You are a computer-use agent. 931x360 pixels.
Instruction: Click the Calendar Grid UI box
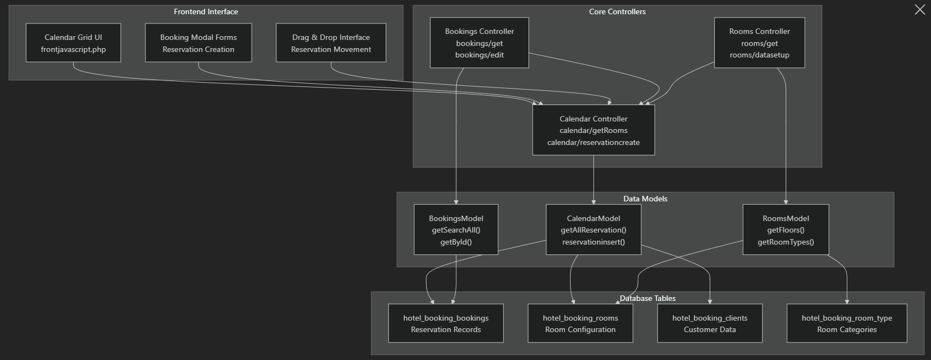73,43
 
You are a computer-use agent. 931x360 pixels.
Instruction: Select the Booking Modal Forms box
198,43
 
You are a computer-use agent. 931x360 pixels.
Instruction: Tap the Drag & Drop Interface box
331,43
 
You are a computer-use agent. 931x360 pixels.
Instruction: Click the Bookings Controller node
479,43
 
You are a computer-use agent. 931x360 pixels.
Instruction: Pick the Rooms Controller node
759,43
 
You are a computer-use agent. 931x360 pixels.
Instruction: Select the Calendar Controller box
593,130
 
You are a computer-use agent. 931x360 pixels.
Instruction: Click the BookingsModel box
456,230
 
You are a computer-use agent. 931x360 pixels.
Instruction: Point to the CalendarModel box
593,230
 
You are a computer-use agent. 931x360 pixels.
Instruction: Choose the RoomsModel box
785,230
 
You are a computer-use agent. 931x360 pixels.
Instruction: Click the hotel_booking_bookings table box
446,323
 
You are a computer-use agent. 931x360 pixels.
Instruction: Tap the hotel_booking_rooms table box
580,323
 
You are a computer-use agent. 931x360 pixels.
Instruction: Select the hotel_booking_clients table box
709,323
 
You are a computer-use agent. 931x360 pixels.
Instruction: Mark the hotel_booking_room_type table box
847,323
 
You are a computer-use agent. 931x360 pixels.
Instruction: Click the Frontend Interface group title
206,11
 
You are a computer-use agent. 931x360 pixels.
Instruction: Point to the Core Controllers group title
617,11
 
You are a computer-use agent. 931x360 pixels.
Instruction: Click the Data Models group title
645,199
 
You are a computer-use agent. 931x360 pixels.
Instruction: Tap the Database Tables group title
648,298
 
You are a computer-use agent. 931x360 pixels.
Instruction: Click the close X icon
920,9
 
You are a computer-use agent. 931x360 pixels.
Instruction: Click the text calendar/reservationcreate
593,142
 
